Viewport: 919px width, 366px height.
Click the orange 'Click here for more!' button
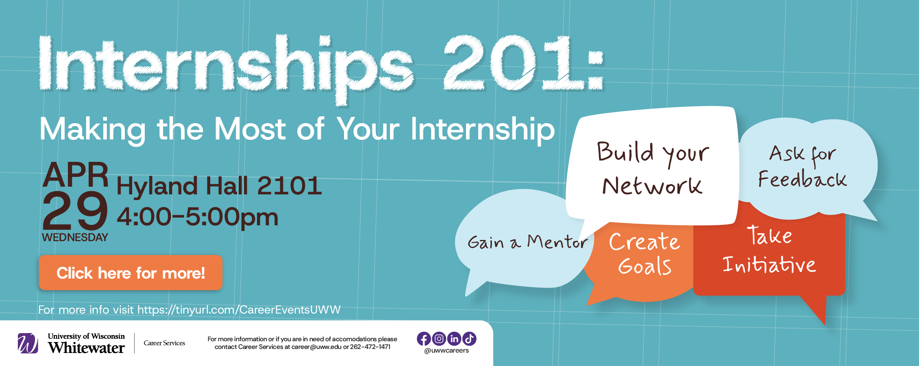[x=131, y=273]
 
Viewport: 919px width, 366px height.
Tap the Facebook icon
[x=424, y=339]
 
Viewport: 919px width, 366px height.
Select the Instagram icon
[x=439, y=339]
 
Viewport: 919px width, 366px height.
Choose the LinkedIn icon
[x=454, y=339]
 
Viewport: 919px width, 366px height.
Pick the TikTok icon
[x=469, y=339]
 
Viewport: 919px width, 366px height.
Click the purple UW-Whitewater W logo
[x=28, y=343]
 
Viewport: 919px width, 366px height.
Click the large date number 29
[x=75, y=211]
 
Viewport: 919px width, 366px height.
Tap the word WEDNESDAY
[x=75, y=237]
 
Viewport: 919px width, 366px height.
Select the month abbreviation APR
[x=76, y=175]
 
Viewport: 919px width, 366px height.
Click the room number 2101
[x=289, y=186]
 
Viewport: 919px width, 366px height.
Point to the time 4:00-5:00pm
[x=198, y=217]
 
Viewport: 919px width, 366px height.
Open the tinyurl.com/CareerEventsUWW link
[x=239, y=310]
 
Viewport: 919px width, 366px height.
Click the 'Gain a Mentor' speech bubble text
[x=527, y=242]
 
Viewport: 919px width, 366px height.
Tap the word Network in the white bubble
[x=652, y=186]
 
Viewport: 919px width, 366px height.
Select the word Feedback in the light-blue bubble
[x=802, y=179]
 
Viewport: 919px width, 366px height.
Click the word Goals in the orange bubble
[x=645, y=266]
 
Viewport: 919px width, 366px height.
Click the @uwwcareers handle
[x=446, y=351]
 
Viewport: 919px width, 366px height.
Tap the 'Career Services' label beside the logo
[x=164, y=343]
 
